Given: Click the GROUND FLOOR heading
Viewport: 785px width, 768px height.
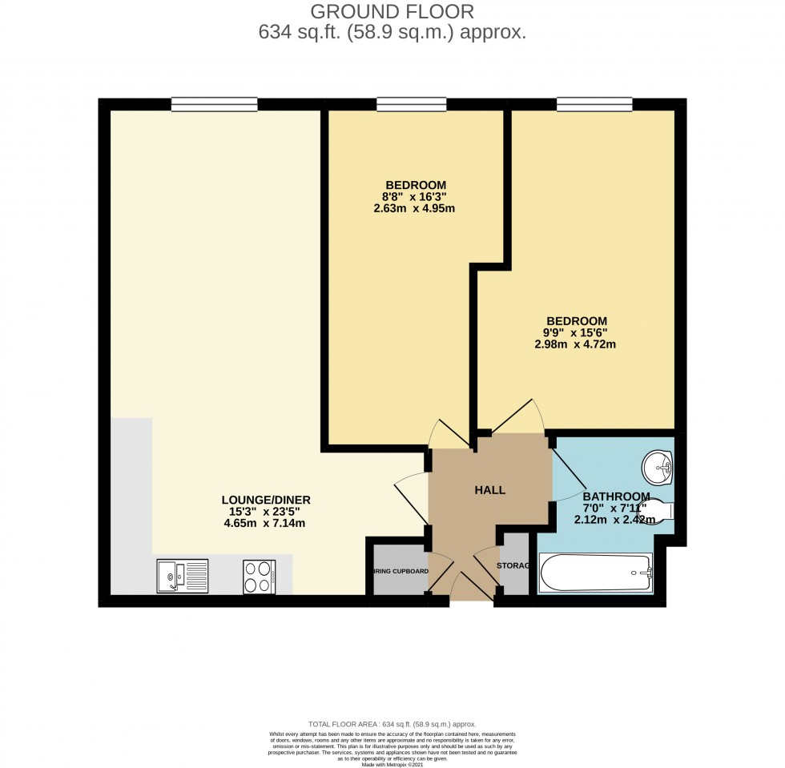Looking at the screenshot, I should pyautogui.click(x=392, y=11).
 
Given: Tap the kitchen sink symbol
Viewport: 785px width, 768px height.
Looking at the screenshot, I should pyautogui.click(x=183, y=576).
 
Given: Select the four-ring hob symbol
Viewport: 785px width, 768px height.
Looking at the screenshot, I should pyautogui.click(x=260, y=577).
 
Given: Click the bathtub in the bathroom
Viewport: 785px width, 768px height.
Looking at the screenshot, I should pyautogui.click(x=597, y=573).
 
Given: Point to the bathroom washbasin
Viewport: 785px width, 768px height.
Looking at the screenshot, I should pyautogui.click(x=658, y=467).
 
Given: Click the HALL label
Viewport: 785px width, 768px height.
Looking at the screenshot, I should pyautogui.click(x=490, y=490).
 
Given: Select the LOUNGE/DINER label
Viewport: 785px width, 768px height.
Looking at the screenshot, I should pyautogui.click(x=266, y=500).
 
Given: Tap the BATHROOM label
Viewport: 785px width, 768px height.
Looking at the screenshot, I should pyautogui.click(x=616, y=495).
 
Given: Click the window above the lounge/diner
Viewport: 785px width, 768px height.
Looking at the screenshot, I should pyautogui.click(x=214, y=104).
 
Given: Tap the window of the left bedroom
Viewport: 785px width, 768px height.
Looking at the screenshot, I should pyautogui.click(x=412, y=104).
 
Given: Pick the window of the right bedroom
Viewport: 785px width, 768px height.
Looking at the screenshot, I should pyautogui.click(x=594, y=104).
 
